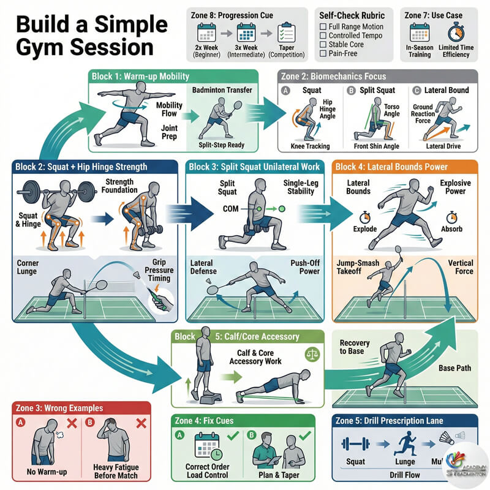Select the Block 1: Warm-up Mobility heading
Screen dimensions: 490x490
tap(141, 77)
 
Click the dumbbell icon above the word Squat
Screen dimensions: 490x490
tap(356, 443)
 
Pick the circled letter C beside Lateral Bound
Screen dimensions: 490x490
tap(416, 90)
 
